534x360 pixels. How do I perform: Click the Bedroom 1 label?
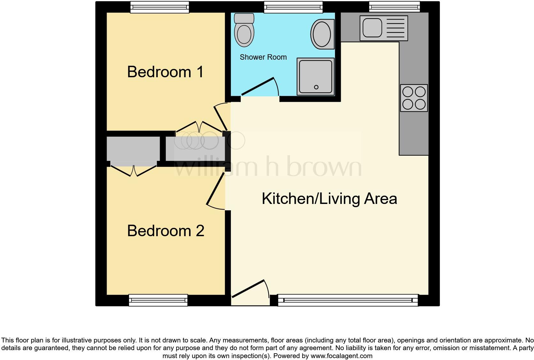coord(165,72)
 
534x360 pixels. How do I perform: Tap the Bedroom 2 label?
coord(165,231)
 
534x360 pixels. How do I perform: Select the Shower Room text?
coord(263,57)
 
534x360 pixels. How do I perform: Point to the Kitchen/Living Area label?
coord(329,199)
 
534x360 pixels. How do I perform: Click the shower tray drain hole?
coord(316,87)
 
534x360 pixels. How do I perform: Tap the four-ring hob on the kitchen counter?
coord(414,98)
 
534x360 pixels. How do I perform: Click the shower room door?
coord(258,86)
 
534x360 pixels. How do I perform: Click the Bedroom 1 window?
coord(160,7)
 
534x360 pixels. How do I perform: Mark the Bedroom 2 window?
coord(158,300)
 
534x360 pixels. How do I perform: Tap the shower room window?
coord(293,7)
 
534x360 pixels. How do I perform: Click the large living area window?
coord(348,300)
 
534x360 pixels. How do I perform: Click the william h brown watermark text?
coord(268,166)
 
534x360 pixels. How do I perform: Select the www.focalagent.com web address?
coord(341,356)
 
